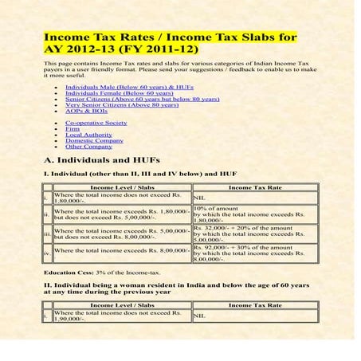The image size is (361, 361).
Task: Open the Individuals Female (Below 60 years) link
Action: tap(113, 92)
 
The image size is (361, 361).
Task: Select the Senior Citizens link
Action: tap(131, 99)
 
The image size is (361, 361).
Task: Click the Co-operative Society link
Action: tap(96, 124)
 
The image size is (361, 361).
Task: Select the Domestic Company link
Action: tap(94, 141)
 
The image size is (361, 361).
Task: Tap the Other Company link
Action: tap(88, 147)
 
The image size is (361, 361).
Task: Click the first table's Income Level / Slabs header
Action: tap(122, 187)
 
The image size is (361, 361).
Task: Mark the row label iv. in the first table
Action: tap(47, 253)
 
